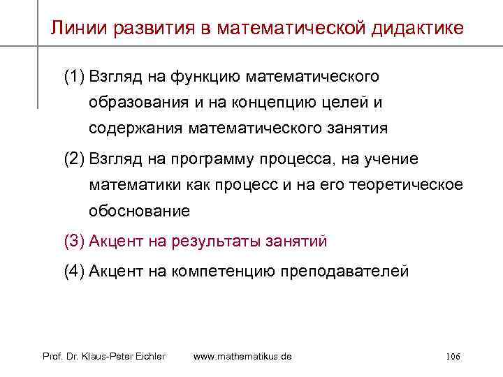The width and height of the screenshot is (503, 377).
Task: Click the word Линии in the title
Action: [74, 28]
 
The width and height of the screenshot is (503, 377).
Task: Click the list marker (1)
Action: [75, 75]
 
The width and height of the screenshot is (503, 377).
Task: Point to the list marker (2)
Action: [75, 159]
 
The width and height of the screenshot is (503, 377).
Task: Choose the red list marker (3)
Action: [75, 242]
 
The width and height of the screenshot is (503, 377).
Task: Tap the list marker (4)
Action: [75, 272]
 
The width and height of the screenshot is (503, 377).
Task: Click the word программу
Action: [223, 159]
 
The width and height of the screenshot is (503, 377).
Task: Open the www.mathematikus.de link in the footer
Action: [242, 357]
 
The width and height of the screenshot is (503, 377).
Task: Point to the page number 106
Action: [452, 357]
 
